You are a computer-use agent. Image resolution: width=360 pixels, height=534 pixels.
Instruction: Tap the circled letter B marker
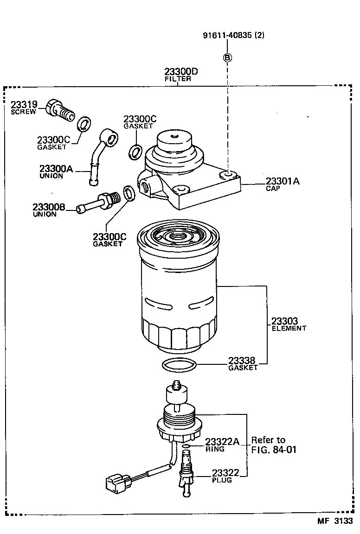[x=228, y=58]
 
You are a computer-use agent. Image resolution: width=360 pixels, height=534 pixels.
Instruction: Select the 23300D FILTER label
[x=180, y=74]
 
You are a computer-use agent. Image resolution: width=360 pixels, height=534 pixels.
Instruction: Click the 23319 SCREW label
[x=23, y=108]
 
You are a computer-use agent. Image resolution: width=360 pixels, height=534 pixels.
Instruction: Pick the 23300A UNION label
[x=56, y=172]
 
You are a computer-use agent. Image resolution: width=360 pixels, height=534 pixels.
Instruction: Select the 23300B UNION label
[x=48, y=210]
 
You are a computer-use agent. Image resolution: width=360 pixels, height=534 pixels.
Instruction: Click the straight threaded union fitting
[x=99, y=203]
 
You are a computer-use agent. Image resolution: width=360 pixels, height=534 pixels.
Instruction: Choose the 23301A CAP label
[x=282, y=184]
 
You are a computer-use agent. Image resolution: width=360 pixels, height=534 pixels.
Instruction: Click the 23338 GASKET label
[x=243, y=363]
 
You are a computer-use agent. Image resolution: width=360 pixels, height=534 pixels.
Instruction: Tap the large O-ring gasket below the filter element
[x=179, y=365]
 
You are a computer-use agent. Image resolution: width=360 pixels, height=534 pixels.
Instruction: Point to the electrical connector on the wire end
[x=116, y=482]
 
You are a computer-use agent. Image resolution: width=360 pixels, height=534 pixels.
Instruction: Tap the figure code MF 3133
[x=335, y=521]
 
